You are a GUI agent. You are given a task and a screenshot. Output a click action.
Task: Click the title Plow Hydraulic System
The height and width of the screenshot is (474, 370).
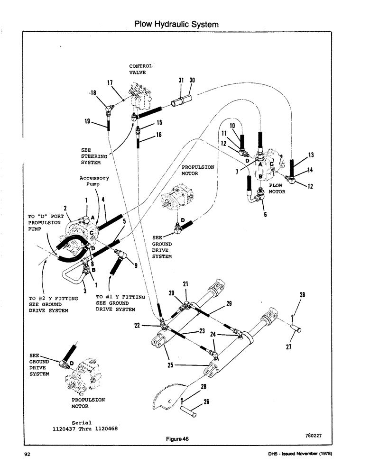click(x=176, y=24)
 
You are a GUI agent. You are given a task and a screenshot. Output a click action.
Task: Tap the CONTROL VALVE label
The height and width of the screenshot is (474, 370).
click(x=141, y=69)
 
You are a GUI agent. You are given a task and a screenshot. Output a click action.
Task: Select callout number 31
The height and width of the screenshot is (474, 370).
click(x=181, y=81)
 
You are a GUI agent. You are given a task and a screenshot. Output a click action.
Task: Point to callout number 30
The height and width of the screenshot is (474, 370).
click(x=192, y=81)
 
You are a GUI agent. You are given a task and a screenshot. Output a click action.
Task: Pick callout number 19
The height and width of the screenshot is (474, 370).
click(x=87, y=121)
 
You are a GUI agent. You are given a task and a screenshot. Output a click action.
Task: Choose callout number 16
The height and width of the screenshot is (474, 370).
click(x=159, y=135)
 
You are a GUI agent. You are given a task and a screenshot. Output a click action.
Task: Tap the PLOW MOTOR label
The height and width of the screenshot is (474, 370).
click(x=277, y=189)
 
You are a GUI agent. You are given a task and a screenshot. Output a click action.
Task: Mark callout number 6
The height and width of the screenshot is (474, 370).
click(x=265, y=214)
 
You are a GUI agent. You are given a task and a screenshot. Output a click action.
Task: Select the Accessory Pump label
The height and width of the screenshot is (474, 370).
click(x=94, y=182)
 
